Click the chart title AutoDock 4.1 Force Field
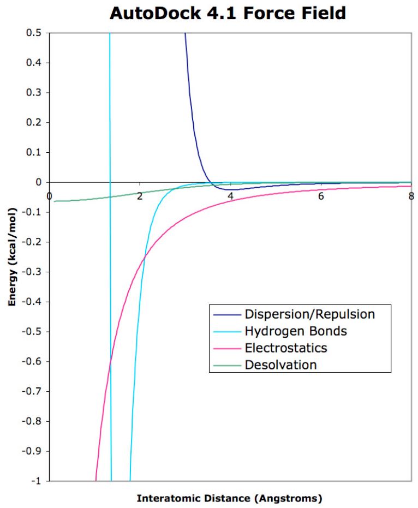point(228,13)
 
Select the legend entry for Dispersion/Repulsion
point(309,314)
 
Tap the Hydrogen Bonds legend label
point(296,331)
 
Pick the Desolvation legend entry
point(280,364)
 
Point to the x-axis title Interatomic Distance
point(229,498)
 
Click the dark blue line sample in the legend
point(226,315)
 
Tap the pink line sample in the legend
point(226,348)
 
